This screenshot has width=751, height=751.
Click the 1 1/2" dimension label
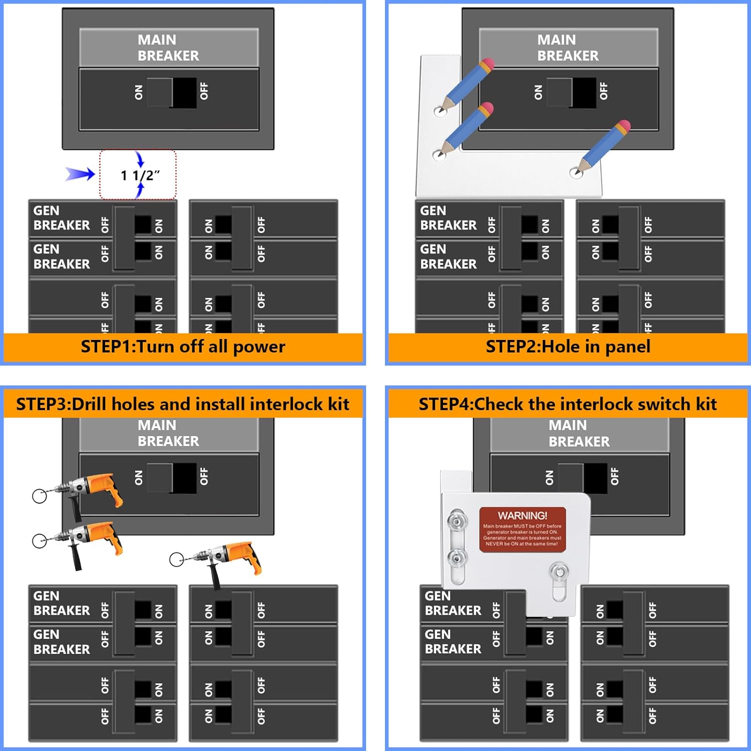[x=140, y=175]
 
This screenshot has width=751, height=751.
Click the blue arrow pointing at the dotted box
[x=80, y=174]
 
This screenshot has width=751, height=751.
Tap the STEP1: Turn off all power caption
[x=183, y=346]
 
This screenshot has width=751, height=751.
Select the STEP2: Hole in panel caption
[x=568, y=346]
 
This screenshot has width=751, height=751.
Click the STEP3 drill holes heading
[x=183, y=404]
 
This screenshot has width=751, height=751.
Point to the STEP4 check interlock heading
[x=568, y=404]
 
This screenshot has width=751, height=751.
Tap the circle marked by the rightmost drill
[x=176, y=560]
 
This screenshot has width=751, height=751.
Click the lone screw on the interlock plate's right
[x=559, y=571]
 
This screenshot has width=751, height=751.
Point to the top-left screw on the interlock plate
[x=457, y=521]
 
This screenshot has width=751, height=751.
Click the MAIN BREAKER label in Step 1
[x=168, y=48]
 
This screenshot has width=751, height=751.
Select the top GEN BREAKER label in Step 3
[x=61, y=603]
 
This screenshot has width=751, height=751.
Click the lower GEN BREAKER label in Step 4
[x=453, y=641]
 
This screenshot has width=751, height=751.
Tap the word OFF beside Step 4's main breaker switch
[x=615, y=477]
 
